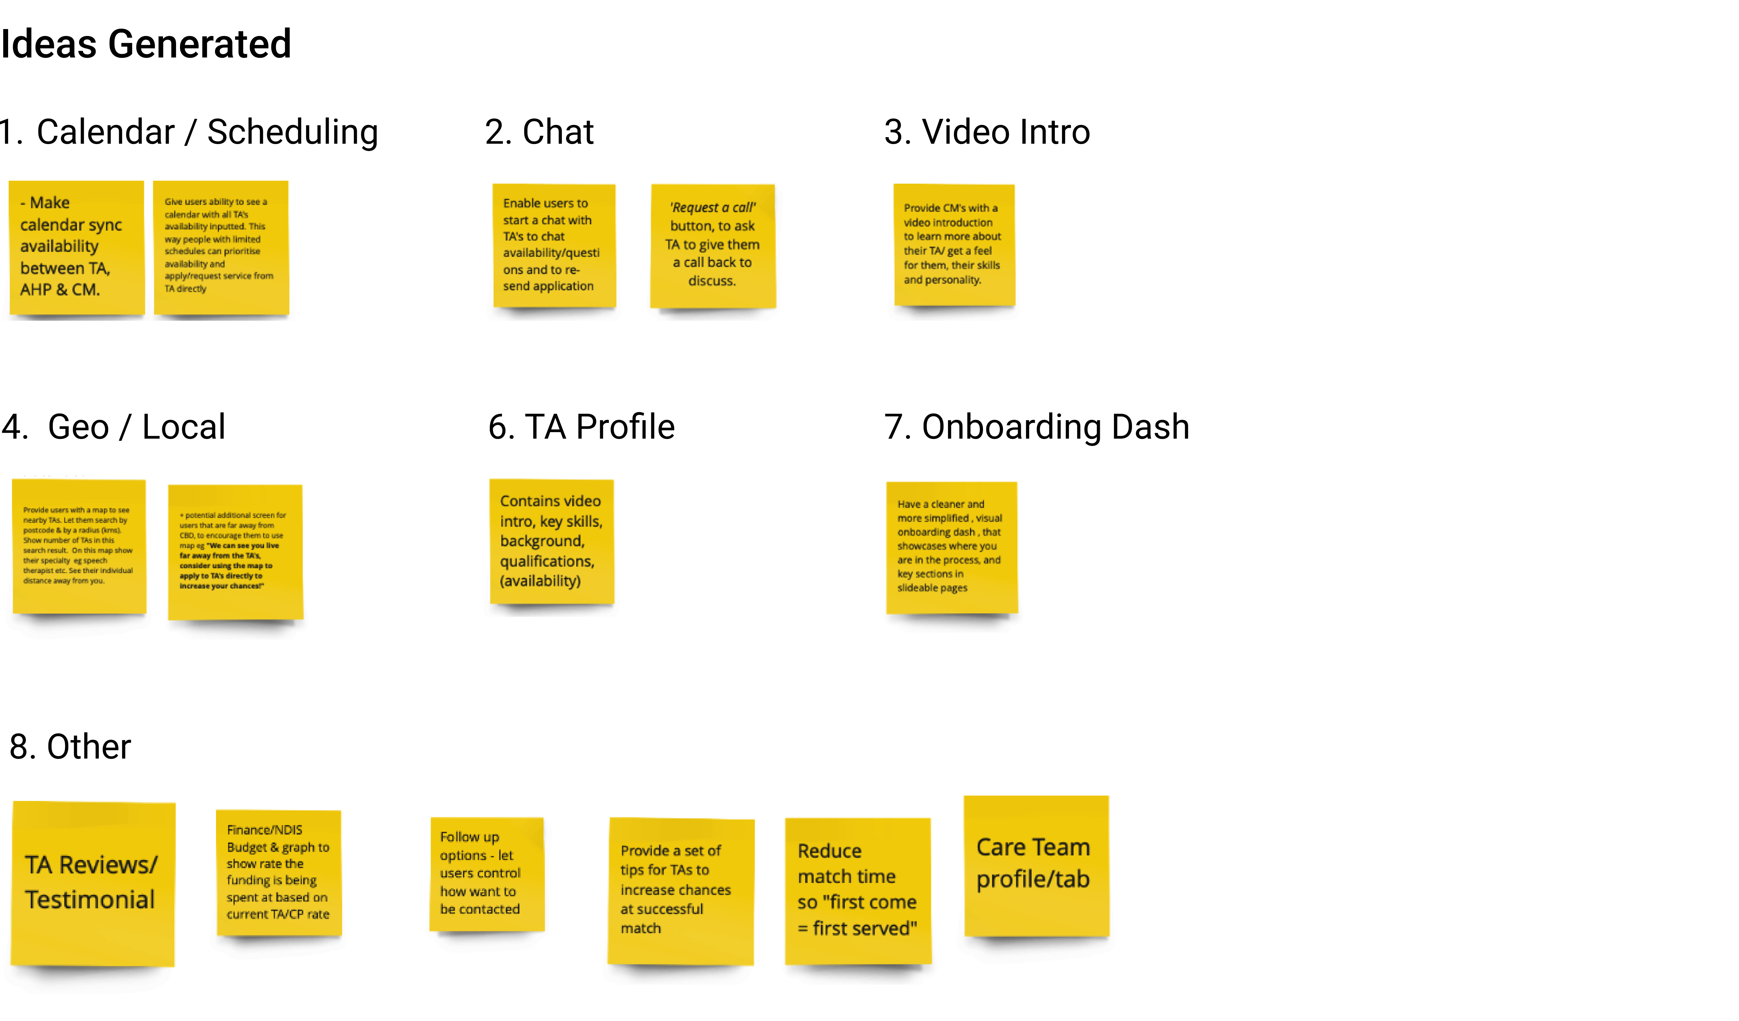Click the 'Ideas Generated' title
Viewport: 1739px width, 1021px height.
(146, 44)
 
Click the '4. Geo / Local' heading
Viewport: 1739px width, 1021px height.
(114, 427)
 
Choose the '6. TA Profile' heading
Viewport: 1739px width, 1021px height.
(581, 427)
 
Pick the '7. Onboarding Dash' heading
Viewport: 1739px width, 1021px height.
(1036, 427)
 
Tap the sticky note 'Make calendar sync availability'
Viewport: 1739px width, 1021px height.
(77, 247)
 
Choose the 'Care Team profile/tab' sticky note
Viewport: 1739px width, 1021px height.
(1036, 865)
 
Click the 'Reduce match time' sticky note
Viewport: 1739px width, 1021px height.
(858, 890)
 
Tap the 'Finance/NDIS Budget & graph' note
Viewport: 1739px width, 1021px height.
(279, 872)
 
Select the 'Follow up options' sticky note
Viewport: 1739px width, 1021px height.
(487, 873)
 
